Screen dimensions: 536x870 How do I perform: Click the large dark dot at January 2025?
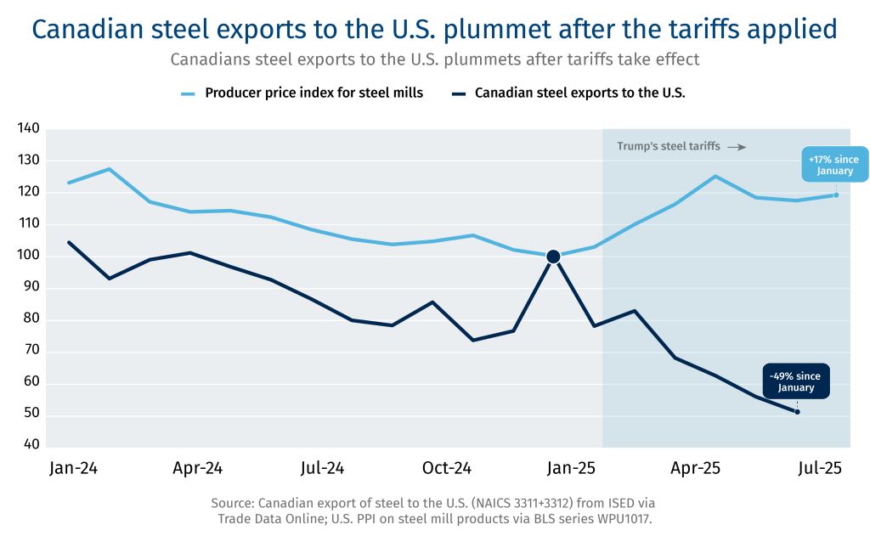point(553,257)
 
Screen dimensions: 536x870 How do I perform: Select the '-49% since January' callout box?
point(796,381)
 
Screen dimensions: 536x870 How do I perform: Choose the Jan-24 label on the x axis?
point(73,468)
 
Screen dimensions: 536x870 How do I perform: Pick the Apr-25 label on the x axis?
point(696,468)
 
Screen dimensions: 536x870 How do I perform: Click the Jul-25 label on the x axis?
point(820,468)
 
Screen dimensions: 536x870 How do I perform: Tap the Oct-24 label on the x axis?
point(447,468)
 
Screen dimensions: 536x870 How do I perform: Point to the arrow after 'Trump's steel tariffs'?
point(737,147)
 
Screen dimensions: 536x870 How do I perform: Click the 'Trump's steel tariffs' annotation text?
point(668,146)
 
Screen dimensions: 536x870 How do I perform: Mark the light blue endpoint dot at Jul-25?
point(836,195)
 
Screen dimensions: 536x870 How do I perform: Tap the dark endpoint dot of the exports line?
point(797,412)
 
